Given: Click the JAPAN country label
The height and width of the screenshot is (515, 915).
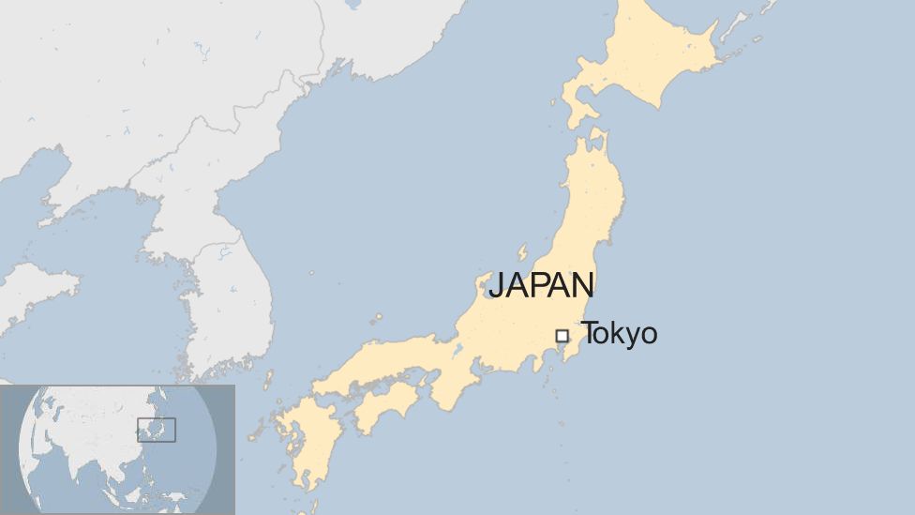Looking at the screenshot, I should (x=541, y=284).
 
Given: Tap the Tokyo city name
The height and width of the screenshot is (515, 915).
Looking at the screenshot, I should (x=619, y=333).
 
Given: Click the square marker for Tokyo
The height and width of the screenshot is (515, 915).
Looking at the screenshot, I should (x=562, y=335).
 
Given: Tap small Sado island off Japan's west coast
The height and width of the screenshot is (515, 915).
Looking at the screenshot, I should (x=522, y=252).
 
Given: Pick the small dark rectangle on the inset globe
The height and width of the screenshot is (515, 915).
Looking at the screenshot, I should (x=156, y=430).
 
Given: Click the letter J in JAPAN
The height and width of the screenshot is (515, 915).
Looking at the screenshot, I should (x=497, y=285).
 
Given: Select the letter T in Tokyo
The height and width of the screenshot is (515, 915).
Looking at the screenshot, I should (x=589, y=333).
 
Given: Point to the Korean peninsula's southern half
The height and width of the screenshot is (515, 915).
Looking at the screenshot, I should (x=230, y=300).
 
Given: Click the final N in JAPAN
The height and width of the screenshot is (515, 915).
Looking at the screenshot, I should (x=583, y=284).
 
